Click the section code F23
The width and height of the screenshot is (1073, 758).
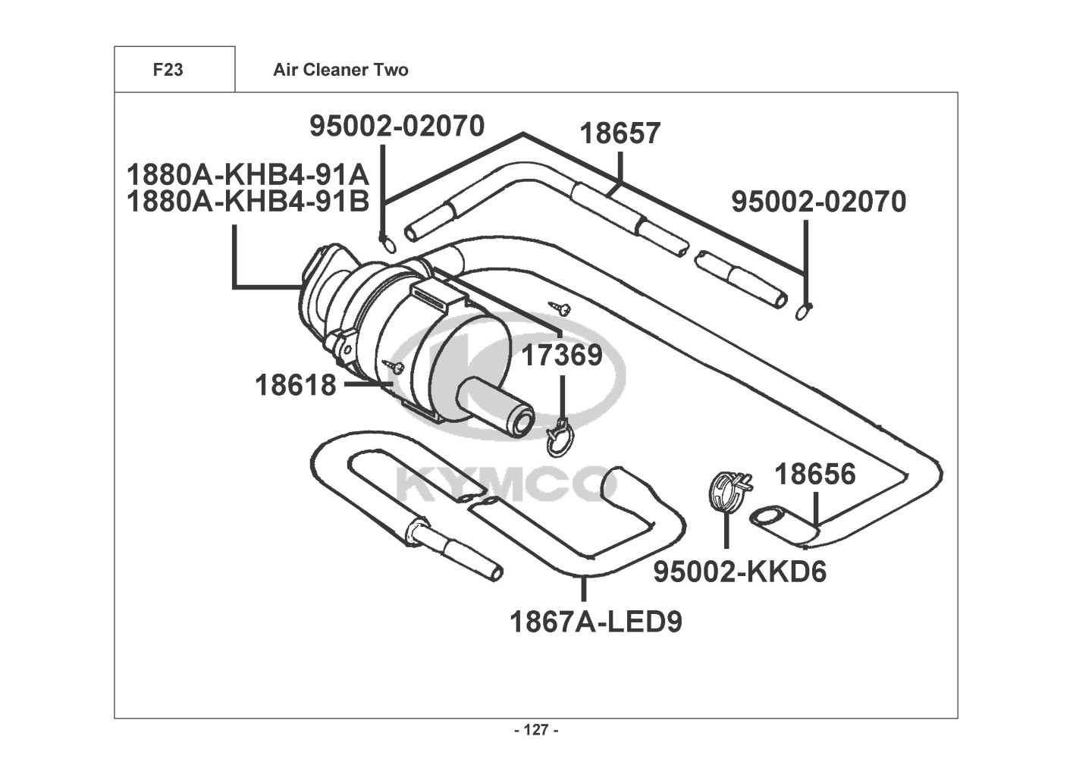168,70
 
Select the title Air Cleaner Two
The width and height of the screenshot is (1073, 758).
340,70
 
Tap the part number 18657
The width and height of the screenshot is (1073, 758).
620,133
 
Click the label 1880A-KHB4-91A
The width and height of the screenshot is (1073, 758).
248,175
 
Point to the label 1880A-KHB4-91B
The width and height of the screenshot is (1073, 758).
248,202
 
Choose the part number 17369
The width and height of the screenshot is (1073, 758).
562,356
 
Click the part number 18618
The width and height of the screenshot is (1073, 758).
296,385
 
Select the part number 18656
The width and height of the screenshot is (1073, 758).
815,474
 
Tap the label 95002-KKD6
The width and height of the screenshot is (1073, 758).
740,572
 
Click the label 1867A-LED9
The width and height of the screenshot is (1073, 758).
596,622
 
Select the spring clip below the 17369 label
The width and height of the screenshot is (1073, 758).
560,437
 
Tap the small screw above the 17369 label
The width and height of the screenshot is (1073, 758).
560,307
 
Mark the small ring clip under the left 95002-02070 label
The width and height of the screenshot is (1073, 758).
387,244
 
